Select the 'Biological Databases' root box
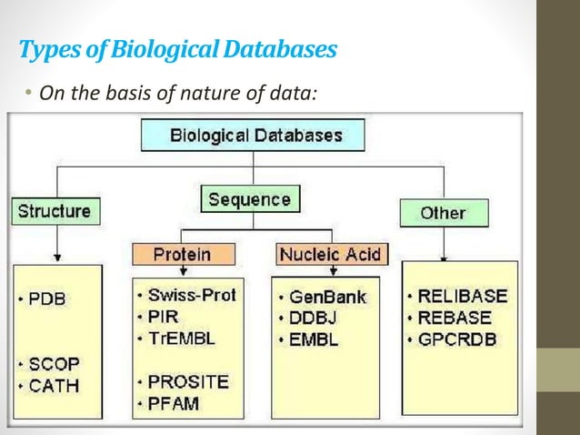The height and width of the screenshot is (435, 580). point(252,137)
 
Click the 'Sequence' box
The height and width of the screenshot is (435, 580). point(248,199)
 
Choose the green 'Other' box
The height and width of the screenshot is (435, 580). point(443,213)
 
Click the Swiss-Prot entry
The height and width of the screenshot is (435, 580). point(190,296)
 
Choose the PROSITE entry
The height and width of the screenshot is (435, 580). point(189,380)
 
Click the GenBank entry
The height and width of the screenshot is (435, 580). point(328,297)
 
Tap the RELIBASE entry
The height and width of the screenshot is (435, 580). point(462,296)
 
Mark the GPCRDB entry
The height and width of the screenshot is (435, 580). point(458,338)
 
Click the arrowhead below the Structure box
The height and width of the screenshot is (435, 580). point(59,258)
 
